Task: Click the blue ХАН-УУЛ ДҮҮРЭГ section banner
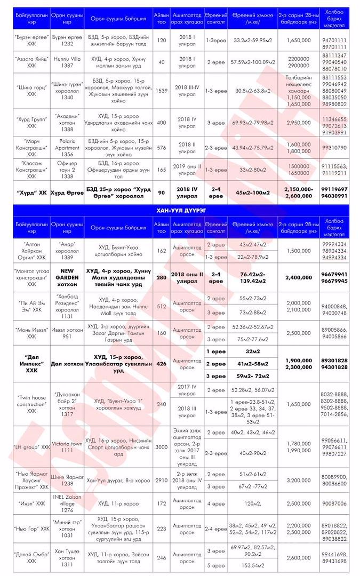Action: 180,211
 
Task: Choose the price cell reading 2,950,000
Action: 298,123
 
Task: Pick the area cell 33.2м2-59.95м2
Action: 250,41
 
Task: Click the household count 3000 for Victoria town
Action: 161,446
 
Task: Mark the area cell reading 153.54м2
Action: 250,564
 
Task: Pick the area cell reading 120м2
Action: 250,503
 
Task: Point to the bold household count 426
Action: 161,364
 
